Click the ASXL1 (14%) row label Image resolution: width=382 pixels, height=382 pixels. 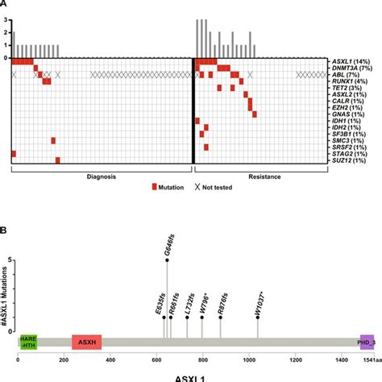[x=352, y=61]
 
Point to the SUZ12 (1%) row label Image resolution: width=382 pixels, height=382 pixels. [x=353, y=160]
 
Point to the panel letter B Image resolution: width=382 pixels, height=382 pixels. [x=6, y=230]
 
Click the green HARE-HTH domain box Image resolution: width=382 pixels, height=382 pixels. [x=27, y=343]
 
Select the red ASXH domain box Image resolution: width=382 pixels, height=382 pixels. [x=86, y=343]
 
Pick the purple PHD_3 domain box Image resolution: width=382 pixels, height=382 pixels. [x=367, y=343]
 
